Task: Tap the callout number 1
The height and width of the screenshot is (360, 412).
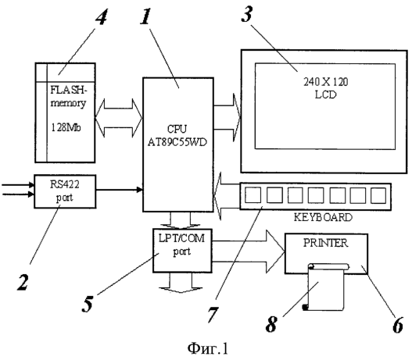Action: point(146,16)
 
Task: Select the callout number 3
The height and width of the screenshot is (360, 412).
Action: point(247,14)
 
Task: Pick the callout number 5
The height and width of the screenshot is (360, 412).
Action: point(88,304)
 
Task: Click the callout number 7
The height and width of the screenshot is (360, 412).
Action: point(213,315)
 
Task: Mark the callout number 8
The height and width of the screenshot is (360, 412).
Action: point(271,324)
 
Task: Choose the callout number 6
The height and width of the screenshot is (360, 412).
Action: point(398,325)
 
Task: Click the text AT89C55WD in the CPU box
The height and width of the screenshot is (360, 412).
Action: point(177,142)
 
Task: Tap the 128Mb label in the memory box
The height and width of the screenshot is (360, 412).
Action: point(66,127)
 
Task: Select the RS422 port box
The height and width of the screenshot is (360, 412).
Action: point(65,191)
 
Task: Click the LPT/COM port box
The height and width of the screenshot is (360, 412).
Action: point(183,251)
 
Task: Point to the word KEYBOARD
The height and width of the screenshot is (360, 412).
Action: point(323,218)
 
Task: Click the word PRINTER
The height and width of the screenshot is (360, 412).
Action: point(326,243)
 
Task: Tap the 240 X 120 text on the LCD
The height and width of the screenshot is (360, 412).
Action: point(326,82)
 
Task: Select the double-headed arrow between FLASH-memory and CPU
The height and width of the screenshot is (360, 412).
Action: point(119,118)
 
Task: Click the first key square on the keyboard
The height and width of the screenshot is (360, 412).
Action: point(253,195)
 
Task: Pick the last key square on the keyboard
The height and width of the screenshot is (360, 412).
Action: point(378,195)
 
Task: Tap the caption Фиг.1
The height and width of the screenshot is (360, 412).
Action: point(208,348)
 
